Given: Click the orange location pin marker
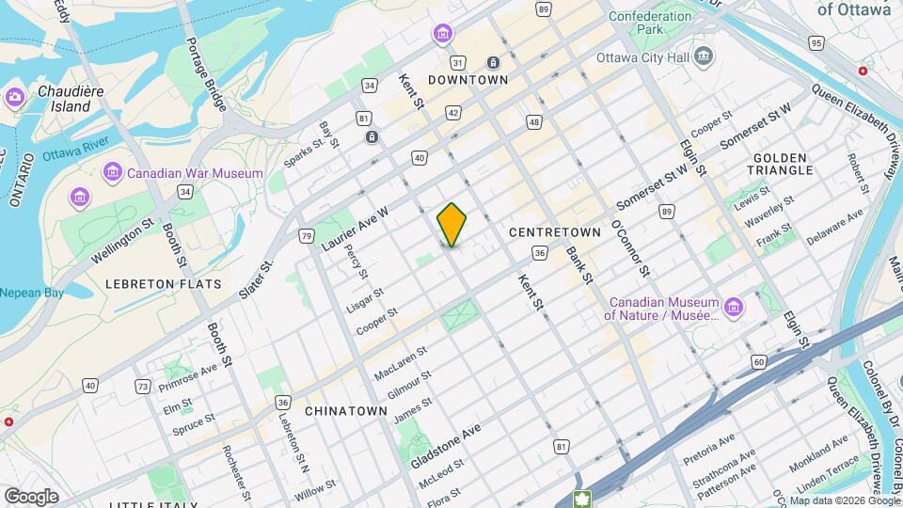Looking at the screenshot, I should click(x=451, y=226).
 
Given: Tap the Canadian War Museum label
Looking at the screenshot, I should click(x=195, y=173).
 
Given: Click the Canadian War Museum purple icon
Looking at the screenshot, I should click(x=113, y=173).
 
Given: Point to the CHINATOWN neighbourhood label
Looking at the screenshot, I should click(x=346, y=411).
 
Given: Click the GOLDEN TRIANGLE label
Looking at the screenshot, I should click(x=780, y=163).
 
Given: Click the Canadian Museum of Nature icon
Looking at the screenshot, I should click(x=734, y=308).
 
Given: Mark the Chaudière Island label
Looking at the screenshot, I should click(x=65, y=99).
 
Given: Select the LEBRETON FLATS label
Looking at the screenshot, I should click(x=164, y=283).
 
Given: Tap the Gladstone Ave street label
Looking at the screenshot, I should click(x=446, y=445).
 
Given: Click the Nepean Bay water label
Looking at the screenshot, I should click(x=32, y=293).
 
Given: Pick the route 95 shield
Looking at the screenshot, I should click(x=816, y=43).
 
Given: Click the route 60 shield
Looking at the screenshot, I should click(x=758, y=361).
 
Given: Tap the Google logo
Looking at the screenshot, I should click(x=31, y=496).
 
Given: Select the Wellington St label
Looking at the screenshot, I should click(x=123, y=242).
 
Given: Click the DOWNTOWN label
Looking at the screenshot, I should click(x=467, y=80).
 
